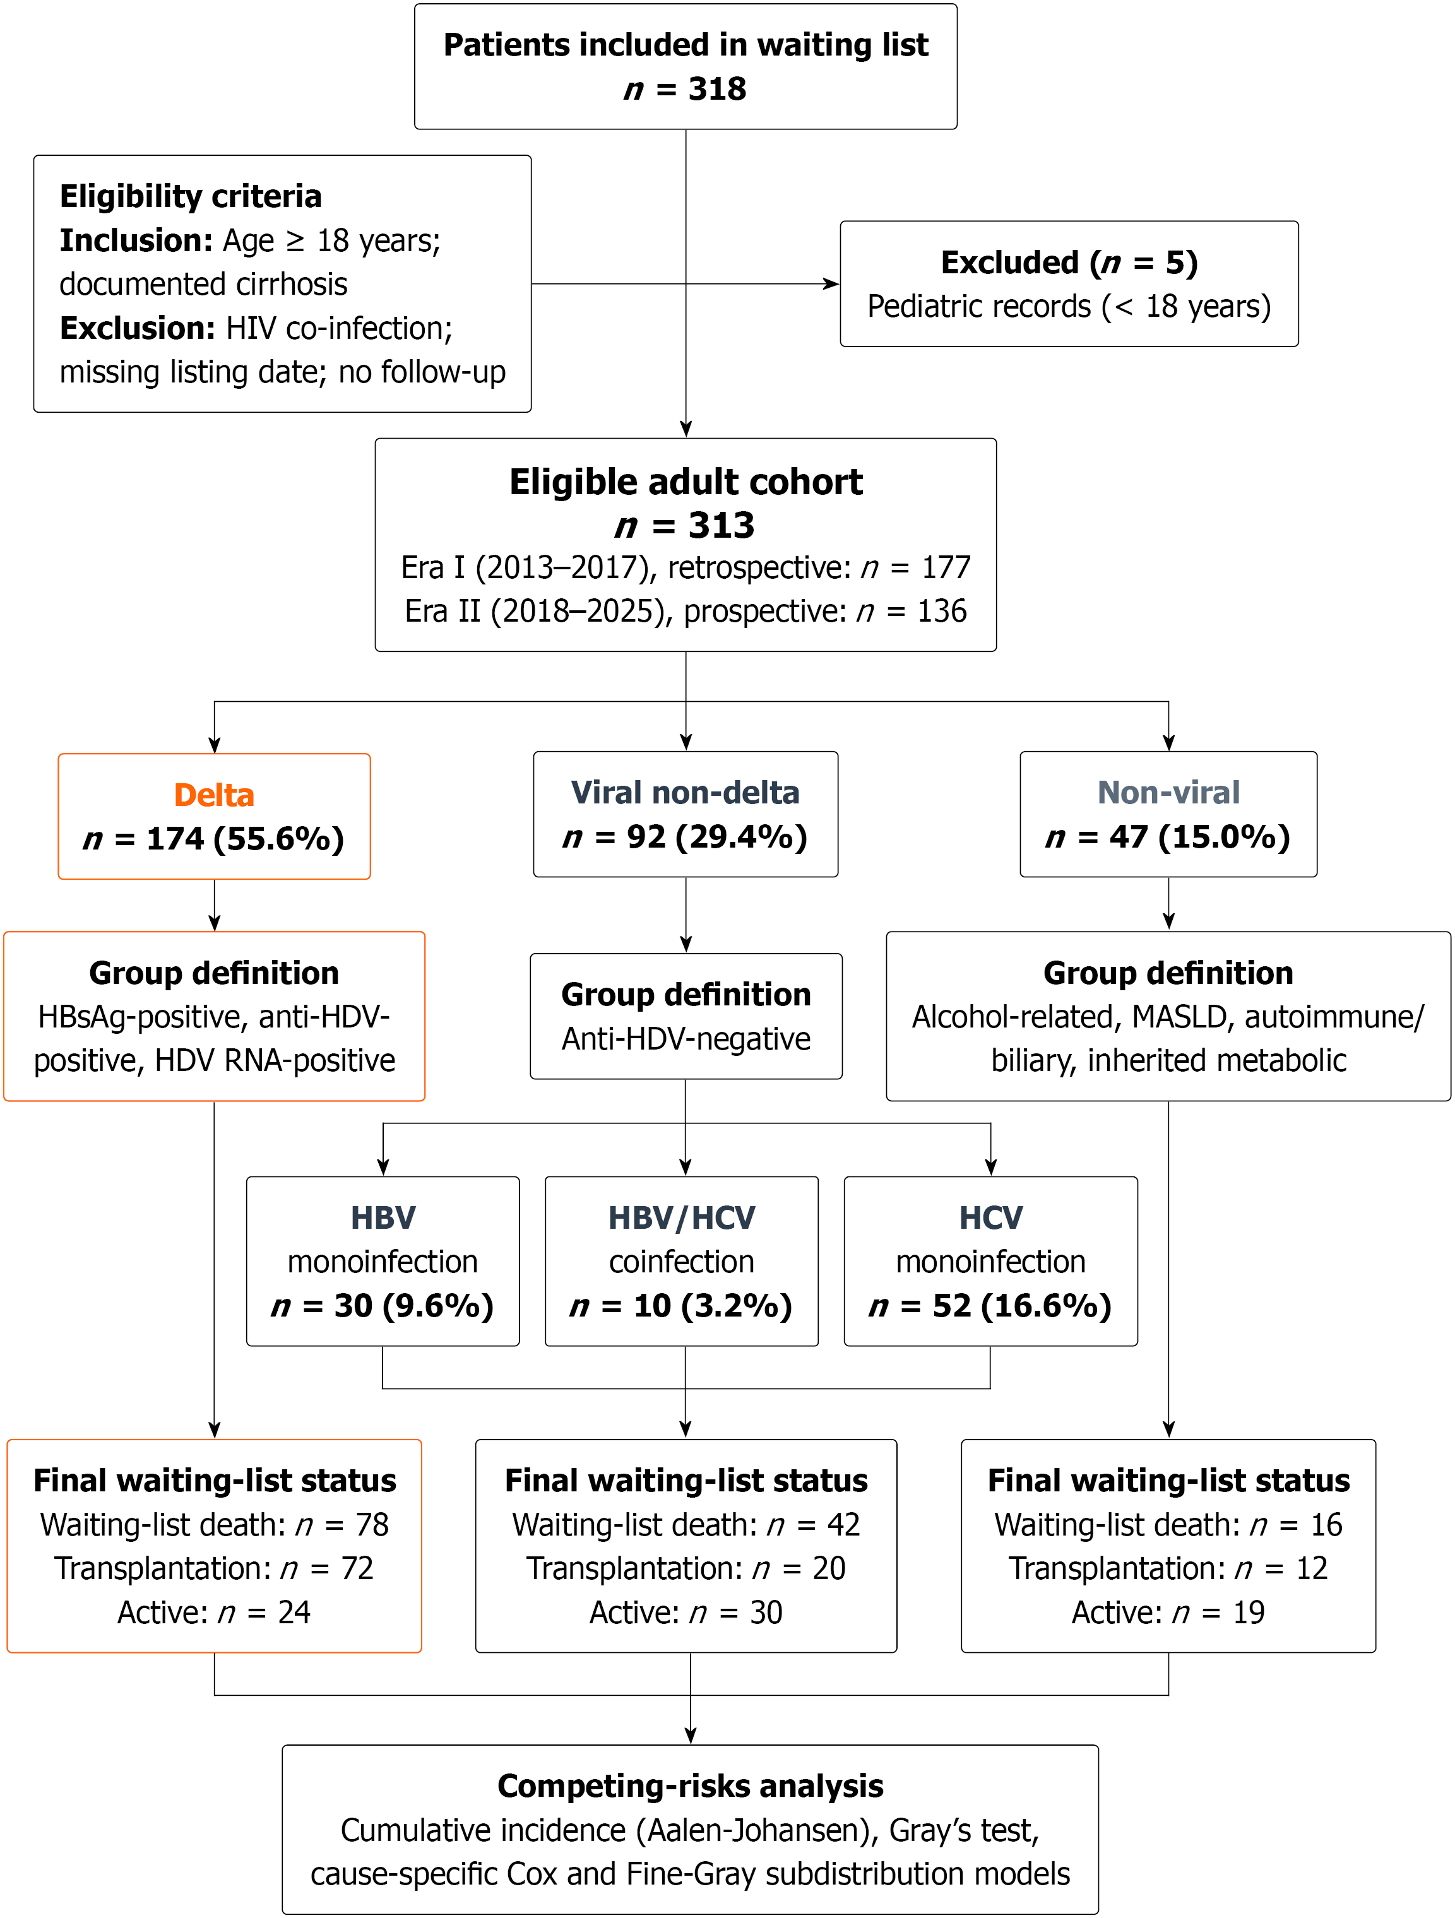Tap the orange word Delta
(214, 795)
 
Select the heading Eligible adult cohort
(686, 482)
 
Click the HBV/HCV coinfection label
(682, 1239)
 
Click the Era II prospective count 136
(942, 612)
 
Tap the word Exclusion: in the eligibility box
(138, 328)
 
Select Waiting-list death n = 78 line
(214, 1524)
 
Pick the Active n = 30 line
(686, 1613)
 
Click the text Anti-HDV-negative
(686, 1039)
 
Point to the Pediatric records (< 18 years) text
(1069, 307)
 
